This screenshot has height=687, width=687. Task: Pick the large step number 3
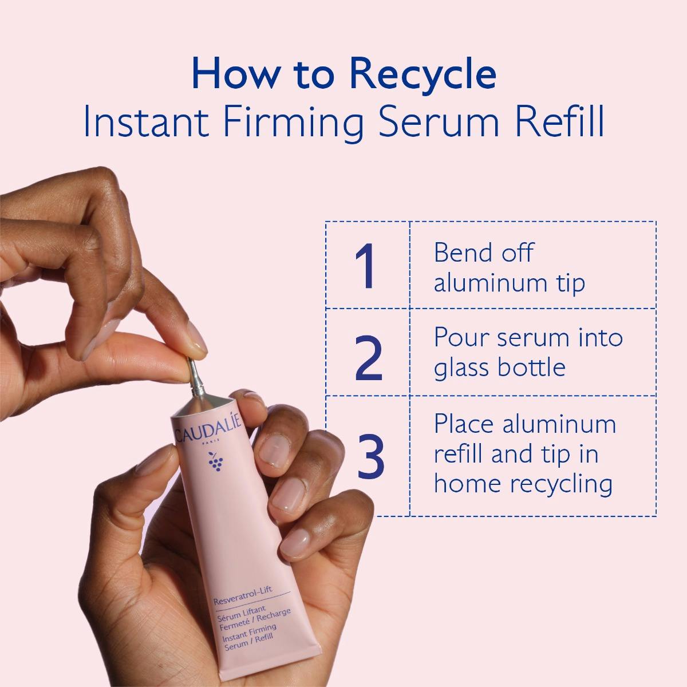coord(370,456)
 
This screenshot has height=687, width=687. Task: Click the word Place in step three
coord(464,424)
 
